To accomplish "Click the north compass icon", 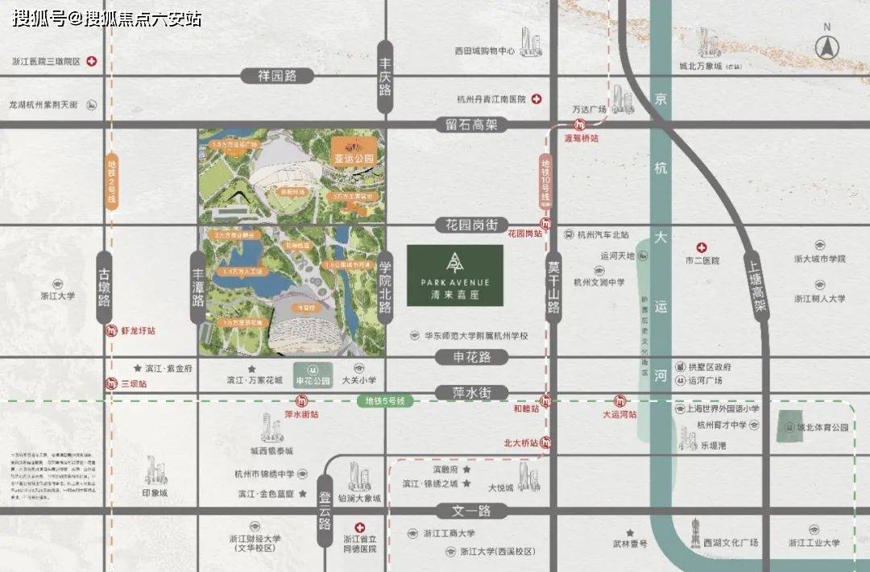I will (826, 46).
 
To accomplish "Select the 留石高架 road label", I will (471, 125).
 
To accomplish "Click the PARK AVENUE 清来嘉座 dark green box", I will (455, 276).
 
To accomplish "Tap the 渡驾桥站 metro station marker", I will (579, 125).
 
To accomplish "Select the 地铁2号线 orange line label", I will (112, 181).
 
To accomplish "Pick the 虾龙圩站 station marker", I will (111, 330).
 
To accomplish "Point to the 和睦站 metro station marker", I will (547, 400).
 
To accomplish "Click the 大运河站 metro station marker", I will (620, 400).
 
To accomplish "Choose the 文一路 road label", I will (471, 511).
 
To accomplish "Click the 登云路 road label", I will (325, 512).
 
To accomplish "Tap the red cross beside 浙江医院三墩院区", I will (93, 61).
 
